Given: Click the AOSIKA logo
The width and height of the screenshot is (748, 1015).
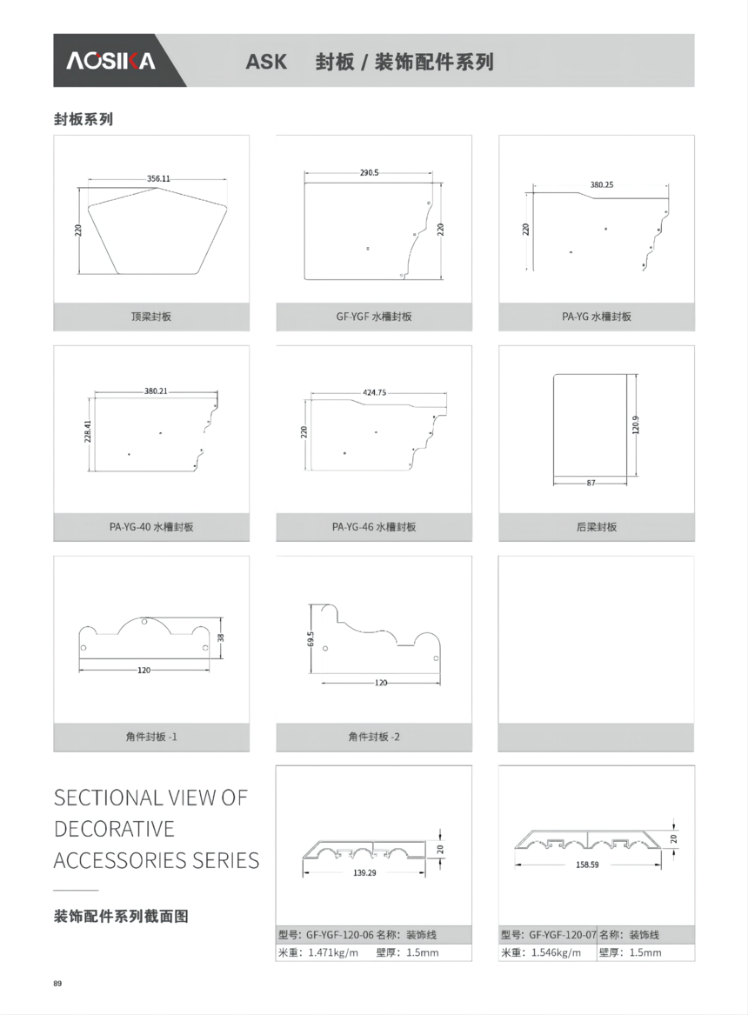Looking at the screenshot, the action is (x=110, y=61).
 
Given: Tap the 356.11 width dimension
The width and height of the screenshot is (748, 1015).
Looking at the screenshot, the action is (x=158, y=178).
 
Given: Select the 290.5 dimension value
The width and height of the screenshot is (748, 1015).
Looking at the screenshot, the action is (x=370, y=173).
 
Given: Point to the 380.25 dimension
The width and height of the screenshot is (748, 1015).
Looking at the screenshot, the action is (x=602, y=184).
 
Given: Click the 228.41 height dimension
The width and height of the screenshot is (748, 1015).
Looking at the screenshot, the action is (x=88, y=431).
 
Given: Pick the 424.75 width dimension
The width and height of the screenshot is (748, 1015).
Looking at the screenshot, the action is (x=375, y=392).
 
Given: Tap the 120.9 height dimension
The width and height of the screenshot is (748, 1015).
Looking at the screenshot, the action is (x=636, y=425).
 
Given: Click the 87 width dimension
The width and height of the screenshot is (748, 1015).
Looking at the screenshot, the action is (x=591, y=483).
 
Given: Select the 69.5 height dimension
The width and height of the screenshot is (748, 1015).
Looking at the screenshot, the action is (x=311, y=639).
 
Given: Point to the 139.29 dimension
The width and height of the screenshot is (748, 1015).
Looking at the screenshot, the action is (x=365, y=872).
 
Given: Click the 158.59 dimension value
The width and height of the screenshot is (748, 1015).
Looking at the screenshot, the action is (x=588, y=865).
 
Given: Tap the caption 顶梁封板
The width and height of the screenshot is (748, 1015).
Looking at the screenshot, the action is (x=151, y=317).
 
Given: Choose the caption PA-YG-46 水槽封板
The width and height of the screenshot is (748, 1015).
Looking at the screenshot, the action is (x=374, y=527).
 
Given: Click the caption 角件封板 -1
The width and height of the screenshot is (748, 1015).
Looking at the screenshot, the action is (x=151, y=737).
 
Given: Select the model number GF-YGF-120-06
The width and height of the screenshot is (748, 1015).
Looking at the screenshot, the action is (x=340, y=935).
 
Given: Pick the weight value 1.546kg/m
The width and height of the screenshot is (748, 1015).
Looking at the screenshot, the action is (x=557, y=953).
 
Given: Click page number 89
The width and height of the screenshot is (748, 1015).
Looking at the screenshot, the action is (x=57, y=984).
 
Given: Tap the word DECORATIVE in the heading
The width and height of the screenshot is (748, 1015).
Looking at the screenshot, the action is (x=114, y=829).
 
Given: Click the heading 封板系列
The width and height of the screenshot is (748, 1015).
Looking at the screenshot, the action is (x=83, y=119).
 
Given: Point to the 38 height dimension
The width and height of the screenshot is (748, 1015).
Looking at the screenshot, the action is (x=221, y=638).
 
